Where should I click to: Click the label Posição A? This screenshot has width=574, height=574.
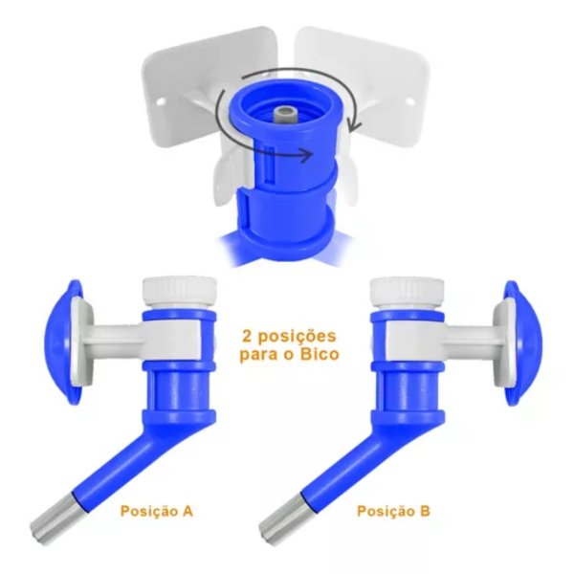157,511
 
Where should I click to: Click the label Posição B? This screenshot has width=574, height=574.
393,511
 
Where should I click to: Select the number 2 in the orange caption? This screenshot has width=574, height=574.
248,336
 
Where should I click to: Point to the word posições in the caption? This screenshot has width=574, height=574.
297,337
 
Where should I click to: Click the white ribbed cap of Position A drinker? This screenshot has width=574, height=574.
179,292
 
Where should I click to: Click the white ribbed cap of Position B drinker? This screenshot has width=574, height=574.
408,292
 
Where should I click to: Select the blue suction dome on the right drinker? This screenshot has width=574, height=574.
525,342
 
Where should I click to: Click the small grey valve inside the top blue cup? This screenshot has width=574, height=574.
284,114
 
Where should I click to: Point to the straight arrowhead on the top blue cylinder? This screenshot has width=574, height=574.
307,155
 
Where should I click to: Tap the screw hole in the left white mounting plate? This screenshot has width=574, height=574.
161,101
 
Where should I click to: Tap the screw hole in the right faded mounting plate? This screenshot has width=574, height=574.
408,101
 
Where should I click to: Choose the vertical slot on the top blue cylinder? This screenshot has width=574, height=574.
270,164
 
